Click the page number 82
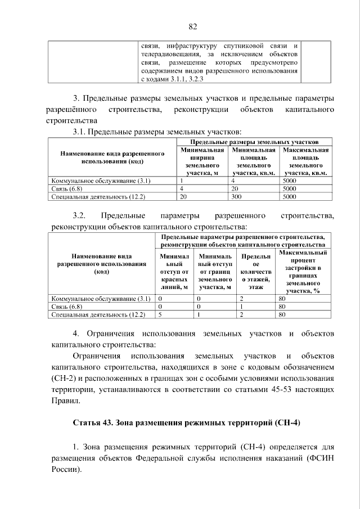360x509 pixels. point(192,27)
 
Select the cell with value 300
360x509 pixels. point(236,197)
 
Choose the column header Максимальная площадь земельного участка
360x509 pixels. point(305,162)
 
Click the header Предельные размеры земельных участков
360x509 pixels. point(254,143)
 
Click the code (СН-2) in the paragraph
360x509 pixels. point(64,378)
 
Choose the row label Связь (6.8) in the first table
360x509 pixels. point(67,189)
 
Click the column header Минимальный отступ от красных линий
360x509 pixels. point(174,272)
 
